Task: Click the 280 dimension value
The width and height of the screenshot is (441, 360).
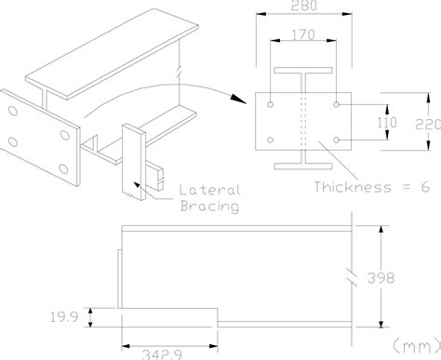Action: tap(304, 6)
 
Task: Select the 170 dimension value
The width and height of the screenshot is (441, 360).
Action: tap(303, 34)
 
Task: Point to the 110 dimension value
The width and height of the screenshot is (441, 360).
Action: tap(387, 123)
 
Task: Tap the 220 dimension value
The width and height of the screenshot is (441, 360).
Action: tap(428, 125)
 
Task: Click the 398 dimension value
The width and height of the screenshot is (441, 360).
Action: tap(381, 278)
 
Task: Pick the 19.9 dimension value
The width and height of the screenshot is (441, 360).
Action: tap(64, 317)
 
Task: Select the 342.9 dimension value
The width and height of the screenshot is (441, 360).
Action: tap(162, 354)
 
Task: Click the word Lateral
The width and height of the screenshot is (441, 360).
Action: tap(210, 190)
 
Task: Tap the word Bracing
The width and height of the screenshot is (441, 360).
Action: tap(209, 207)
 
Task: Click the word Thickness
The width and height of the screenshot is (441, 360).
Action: tap(353, 187)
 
